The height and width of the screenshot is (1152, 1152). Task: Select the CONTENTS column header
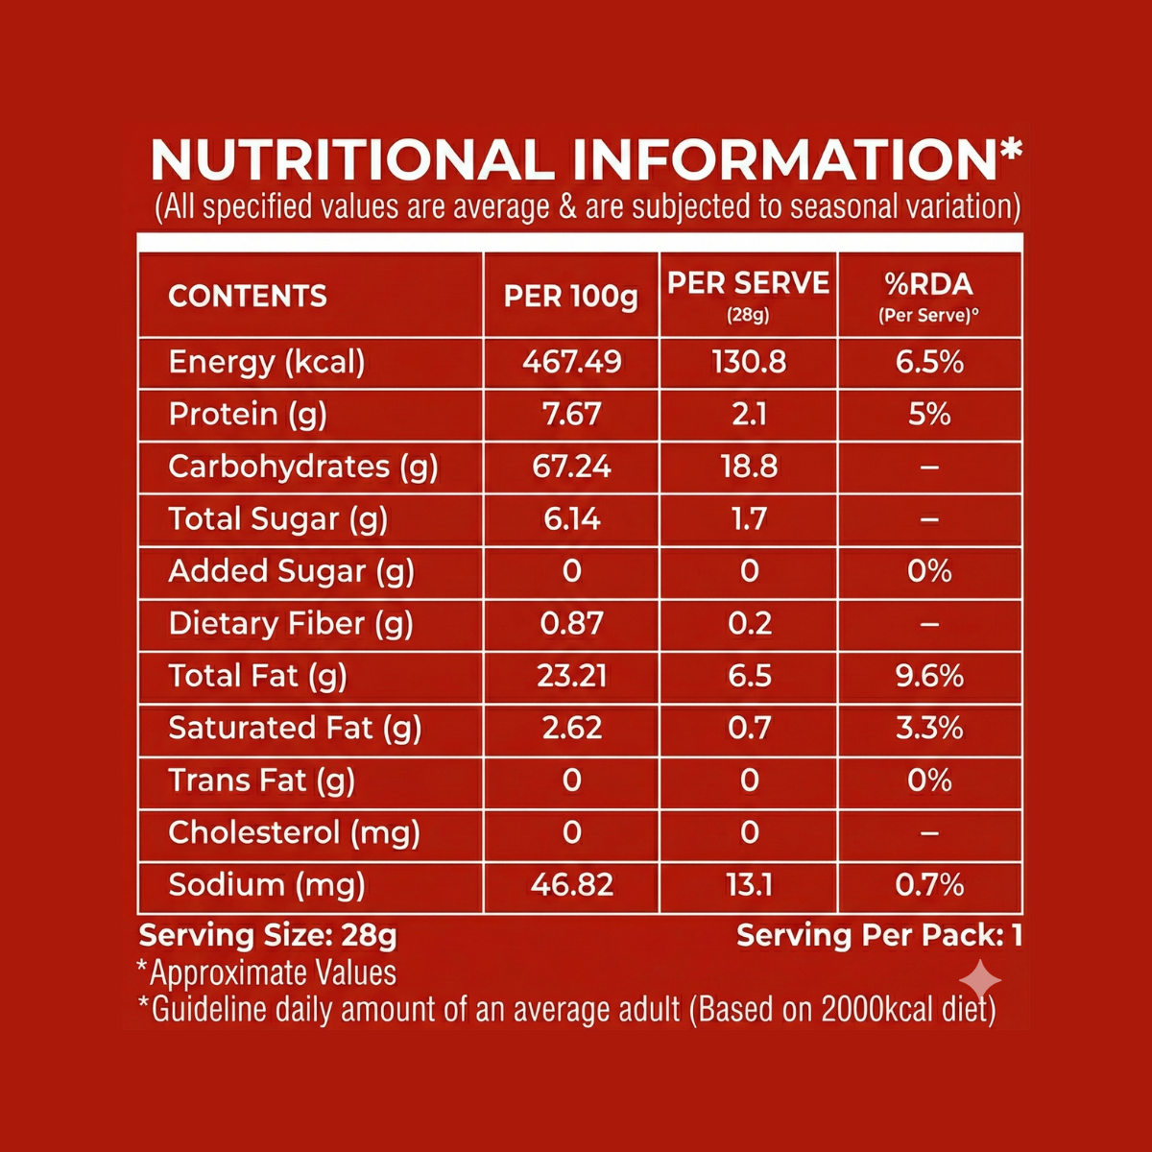click(x=248, y=296)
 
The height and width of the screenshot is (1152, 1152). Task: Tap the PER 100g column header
click(x=571, y=296)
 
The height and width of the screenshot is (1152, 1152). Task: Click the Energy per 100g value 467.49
click(x=571, y=362)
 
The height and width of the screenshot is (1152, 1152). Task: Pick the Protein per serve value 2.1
click(x=749, y=414)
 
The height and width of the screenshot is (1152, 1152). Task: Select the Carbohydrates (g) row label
click(x=303, y=467)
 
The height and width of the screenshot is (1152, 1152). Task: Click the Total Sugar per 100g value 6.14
click(x=571, y=518)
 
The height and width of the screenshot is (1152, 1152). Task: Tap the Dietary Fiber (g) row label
click(x=291, y=624)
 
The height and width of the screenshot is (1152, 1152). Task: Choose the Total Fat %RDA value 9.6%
click(x=928, y=676)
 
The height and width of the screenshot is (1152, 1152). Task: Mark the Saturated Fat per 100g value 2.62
click(x=571, y=728)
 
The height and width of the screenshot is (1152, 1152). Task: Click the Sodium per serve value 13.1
click(x=749, y=884)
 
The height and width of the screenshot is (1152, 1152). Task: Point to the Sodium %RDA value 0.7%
click(x=928, y=884)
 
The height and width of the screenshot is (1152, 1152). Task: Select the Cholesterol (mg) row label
click(x=295, y=832)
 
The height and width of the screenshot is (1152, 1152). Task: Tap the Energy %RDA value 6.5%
click(x=928, y=362)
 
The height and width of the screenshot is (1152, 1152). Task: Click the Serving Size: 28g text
click(x=268, y=935)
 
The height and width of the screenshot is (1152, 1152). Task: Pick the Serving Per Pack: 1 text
click(x=878, y=935)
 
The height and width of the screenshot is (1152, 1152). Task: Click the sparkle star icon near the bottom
click(x=980, y=981)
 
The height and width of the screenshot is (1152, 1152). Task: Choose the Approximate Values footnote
click(x=268, y=972)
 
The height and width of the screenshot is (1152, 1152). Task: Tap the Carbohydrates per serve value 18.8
click(x=749, y=467)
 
